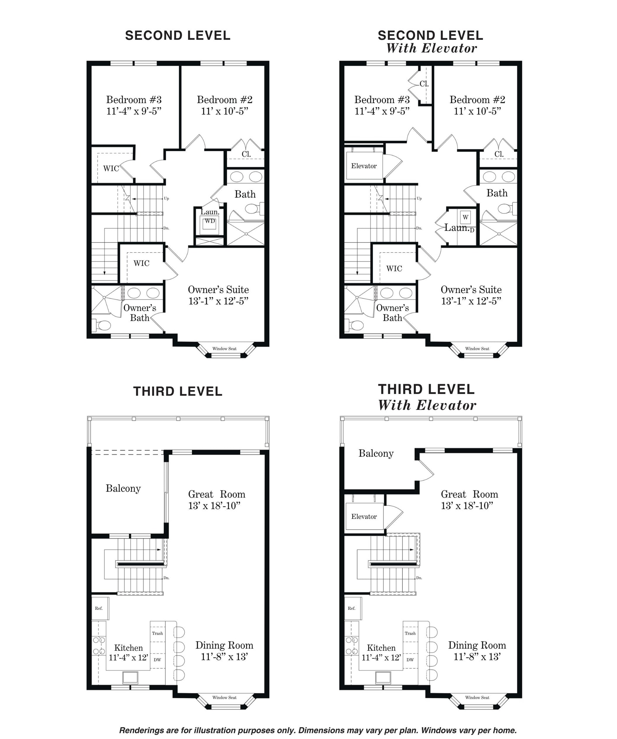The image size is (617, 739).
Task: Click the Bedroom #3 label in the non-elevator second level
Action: pos(134,99)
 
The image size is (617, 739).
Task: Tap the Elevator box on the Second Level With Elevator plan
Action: pos(364,166)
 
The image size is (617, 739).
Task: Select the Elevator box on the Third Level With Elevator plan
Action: pos(364,516)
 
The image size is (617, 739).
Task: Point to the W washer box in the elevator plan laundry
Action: pos(465,217)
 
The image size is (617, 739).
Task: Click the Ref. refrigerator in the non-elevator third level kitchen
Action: pos(100,608)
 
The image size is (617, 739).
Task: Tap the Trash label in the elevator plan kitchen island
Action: pos(410,633)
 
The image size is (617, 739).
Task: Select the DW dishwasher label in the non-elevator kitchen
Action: pos(157,660)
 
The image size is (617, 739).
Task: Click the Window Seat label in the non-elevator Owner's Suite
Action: pos(224,348)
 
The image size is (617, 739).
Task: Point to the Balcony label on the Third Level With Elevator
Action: pos(376,453)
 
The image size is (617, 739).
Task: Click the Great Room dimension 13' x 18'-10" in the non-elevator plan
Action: pos(214,506)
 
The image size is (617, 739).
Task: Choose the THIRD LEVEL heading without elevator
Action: pos(178,391)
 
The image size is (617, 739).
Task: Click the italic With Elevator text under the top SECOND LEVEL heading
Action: pos(432,48)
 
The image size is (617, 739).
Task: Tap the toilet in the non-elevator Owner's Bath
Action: pos(101,325)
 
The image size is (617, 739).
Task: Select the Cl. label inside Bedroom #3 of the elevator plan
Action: pos(424,84)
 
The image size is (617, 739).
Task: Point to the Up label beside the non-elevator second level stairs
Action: pos(166,199)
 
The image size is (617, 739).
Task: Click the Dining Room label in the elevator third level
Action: pos(477,645)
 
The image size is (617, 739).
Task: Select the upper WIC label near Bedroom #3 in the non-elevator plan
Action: pos(111,168)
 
